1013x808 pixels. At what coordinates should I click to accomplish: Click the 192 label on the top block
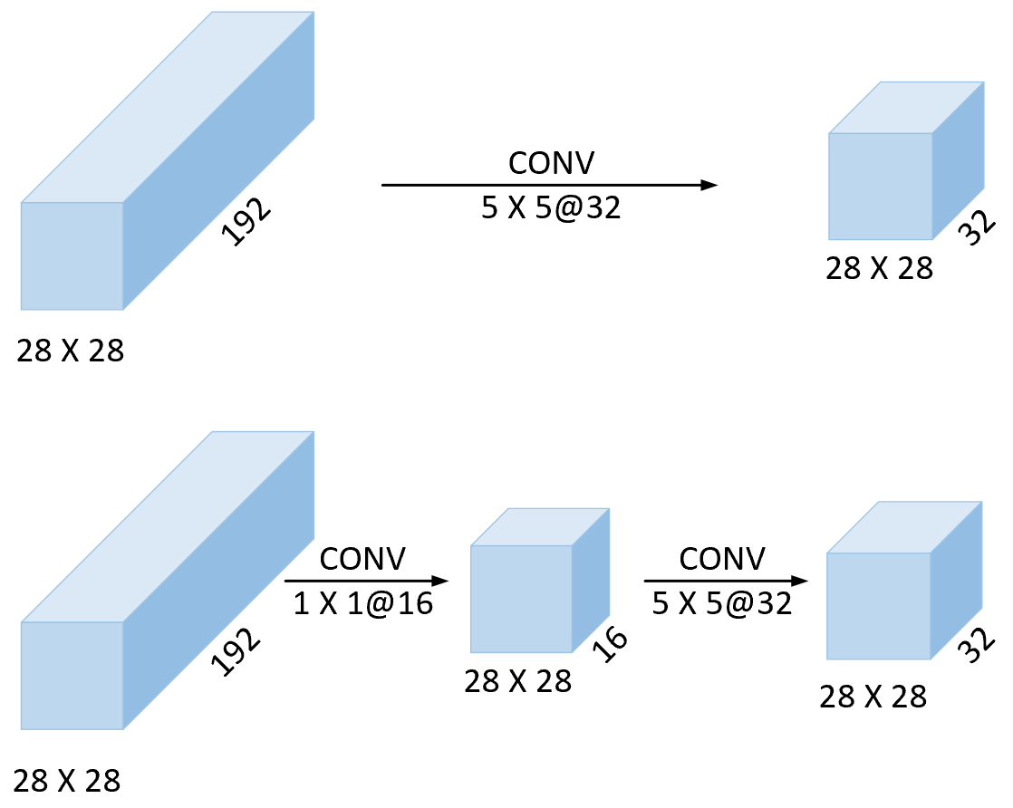coord(246,221)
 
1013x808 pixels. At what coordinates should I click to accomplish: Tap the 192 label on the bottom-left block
coord(236,651)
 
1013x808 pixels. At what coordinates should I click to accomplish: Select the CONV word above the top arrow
coord(551,163)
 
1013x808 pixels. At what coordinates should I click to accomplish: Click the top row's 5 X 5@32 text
coord(551,207)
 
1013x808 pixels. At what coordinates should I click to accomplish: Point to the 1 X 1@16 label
coord(363,603)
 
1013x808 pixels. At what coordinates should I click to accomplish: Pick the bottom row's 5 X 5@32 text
coord(721,603)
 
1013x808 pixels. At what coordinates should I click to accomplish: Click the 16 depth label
coord(610,644)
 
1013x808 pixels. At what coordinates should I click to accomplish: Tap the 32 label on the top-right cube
coord(978,227)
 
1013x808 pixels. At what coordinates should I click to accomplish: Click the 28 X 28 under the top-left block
coord(71,351)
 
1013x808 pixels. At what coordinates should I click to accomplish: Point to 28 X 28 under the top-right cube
coord(879,268)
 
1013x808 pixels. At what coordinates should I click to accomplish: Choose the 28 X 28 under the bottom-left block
coord(66,781)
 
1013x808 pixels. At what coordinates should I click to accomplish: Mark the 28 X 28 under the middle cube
coord(518,681)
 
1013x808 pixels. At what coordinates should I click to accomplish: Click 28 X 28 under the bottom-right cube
coord(873,697)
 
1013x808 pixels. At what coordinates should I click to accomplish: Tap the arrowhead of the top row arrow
coord(709,186)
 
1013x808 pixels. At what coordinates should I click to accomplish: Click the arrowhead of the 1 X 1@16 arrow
coord(440,581)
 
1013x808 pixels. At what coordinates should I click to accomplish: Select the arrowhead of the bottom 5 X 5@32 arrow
coord(800,581)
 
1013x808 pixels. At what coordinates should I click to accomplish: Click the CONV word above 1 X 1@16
coord(362,559)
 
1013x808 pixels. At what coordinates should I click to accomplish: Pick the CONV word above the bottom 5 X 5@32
coord(722,559)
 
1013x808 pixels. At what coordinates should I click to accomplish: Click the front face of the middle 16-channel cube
coord(521,599)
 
